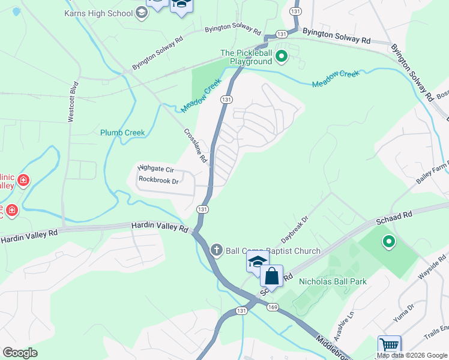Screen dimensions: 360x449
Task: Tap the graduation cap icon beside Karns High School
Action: click(141, 12)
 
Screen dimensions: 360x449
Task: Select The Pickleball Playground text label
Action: click(246, 57)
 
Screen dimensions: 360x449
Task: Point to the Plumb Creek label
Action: click(122, 133)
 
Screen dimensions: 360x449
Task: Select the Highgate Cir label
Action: click(155, 169)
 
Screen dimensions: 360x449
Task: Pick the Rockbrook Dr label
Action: click(158, 180)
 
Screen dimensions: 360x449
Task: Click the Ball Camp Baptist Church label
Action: click(273, 251)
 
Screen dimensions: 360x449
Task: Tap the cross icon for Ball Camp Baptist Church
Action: click(217, 250)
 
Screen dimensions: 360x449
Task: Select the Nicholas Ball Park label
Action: click(333, 281)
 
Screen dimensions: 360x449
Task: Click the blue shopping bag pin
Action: click(271, 277)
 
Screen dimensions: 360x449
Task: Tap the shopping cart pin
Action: click(389, 346)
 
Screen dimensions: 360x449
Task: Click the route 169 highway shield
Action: click(273, 307)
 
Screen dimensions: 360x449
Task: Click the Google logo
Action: click(20, 352)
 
